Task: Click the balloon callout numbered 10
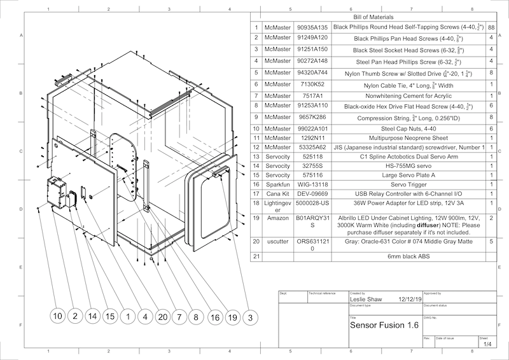[x=58, y=315]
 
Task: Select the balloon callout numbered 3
[x=250, y=315]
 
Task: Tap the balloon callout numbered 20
[x=162, y=315]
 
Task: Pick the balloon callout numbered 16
[x=215, y=315]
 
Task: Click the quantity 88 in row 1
[x=491, y=28]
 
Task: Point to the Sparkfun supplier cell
[x=278, y=184]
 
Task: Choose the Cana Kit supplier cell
[x=278, y=193]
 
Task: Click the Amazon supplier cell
[x=278, y=218]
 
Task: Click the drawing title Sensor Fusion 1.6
[x=385, y=324]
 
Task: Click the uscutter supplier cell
[x=278, y=242]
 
